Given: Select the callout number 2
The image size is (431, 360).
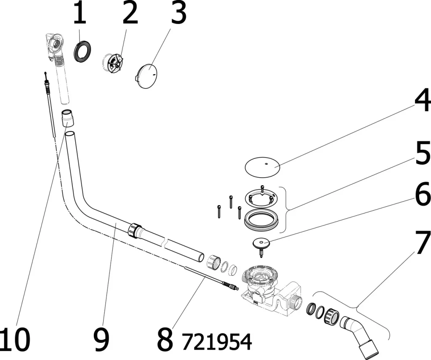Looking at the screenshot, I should (129, 13).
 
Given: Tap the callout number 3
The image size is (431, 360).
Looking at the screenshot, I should (178, 13).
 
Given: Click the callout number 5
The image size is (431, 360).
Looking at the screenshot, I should (422, 154).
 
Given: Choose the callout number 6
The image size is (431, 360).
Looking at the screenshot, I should (422, 195).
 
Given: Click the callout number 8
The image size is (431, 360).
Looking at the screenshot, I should (165, 339).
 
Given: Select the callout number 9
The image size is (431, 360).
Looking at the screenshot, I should (101, 339).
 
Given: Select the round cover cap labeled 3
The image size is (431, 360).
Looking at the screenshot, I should (147, 76).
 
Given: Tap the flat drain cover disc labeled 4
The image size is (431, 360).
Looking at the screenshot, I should (263, 167).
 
